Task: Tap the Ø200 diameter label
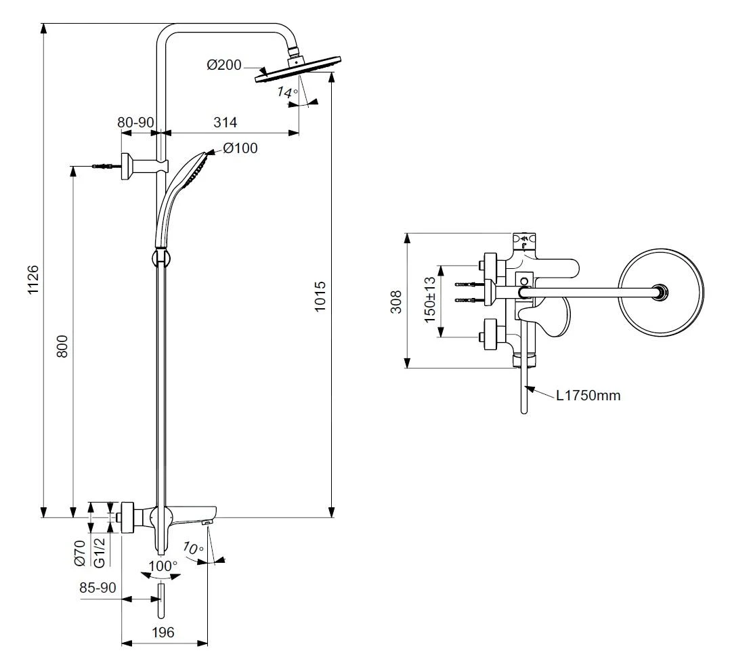coord(224,65)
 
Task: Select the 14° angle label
coord(287,93)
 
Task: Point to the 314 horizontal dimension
coord(226,123)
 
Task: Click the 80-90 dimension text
coord(136,123)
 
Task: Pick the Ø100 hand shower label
coord(240,148)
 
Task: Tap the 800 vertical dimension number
coord(62,346)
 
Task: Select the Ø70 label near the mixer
coord(79,553)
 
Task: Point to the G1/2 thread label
coord(99,552)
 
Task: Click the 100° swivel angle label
coord(163,566)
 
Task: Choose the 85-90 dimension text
coord(98,587)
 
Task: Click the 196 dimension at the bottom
coord(163,633)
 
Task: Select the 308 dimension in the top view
coord(396,301)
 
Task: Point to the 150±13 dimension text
coord(428,300)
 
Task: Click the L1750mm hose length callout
coord(588,395)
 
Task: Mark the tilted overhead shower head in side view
coord(298,70)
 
